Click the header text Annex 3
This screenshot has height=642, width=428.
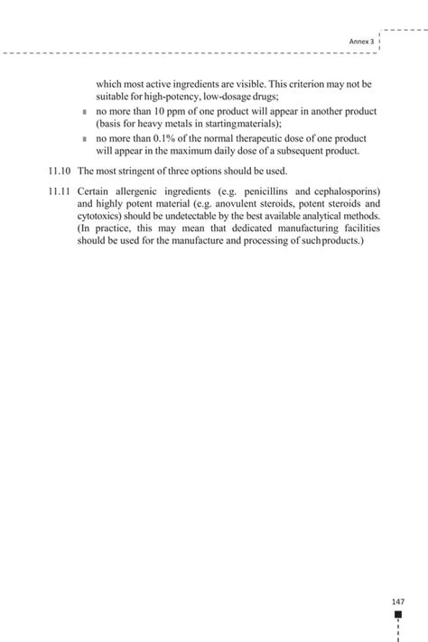[x=362, y=42]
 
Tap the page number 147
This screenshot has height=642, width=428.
[x=397, y=601]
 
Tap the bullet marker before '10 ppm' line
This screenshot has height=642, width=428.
[x=83, y=112]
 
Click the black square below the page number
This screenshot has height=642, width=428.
[x=398, y=615]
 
